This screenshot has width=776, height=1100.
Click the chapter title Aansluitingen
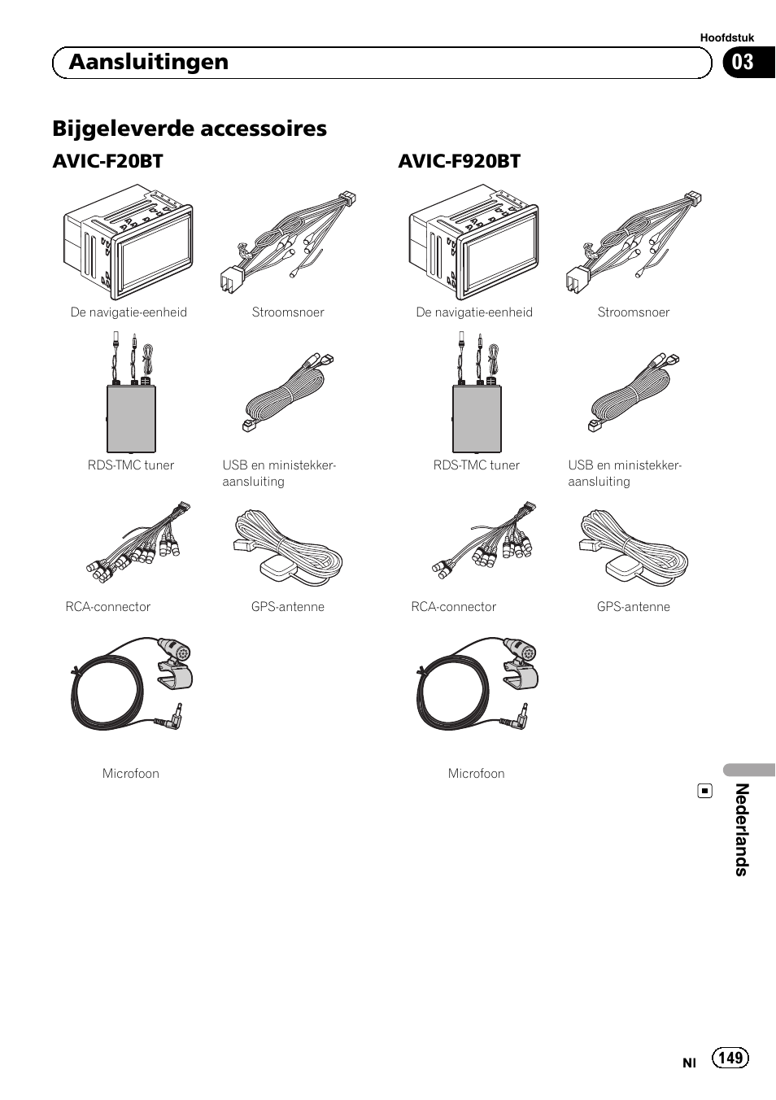(x=148, y=63)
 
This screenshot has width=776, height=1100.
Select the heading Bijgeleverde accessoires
(x=190, y=129)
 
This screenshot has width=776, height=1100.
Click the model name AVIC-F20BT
(x=107, y=161)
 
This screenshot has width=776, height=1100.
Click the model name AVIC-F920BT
(x=459, y=161)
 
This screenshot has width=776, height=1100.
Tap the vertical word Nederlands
(x=741, y=829)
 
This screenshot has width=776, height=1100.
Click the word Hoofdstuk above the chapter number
(x=727, y=37)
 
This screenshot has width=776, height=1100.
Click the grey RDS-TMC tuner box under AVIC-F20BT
(x=131, y=418)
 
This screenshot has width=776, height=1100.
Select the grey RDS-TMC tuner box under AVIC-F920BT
(x=477, y=418)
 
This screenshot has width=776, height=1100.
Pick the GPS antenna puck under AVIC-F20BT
(x=277, y=570)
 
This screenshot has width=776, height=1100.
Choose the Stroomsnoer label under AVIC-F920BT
(x=633, y=312)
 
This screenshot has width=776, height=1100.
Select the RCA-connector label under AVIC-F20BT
(x=108, y=607)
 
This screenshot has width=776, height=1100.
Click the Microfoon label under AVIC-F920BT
(x=476, y=774)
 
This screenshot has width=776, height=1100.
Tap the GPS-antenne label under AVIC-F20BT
(x=288, y=607)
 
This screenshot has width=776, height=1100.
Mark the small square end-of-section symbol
(x=705, y=791)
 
